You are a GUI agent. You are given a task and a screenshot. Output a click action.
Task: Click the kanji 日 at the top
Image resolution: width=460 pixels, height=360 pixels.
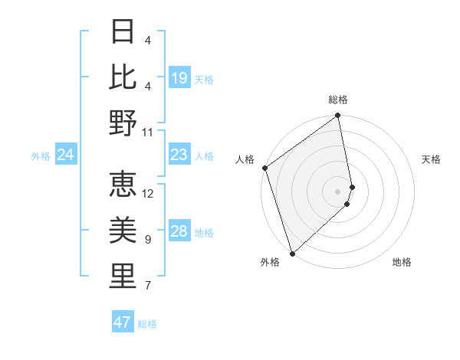[x=123, y=32]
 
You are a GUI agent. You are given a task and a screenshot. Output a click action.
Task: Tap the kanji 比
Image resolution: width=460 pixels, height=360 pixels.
[x=123, y=77]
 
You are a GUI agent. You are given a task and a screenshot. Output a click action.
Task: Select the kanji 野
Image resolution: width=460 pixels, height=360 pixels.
[x=123, y=122]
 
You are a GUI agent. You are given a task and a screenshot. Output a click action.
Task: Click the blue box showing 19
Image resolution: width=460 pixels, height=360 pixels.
[x=179, y=77]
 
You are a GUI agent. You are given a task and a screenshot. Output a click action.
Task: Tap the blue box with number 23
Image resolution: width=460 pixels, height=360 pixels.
[x=179, y=155]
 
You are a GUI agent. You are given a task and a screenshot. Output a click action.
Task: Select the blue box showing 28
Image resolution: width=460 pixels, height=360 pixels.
[x=179, y=232]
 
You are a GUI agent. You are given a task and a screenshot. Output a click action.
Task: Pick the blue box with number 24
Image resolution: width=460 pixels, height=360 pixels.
[x=66, y=155]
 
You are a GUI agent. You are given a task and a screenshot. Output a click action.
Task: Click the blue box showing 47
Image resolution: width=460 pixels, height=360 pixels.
[x=123, y=322]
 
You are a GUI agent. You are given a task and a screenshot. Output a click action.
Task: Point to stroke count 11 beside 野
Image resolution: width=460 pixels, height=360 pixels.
[x=148, y=132]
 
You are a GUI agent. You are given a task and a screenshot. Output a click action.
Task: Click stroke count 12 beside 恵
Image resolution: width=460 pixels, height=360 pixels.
[x=148, y=194]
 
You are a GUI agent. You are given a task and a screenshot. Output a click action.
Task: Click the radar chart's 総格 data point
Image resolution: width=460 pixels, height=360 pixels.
[x=337, y=116]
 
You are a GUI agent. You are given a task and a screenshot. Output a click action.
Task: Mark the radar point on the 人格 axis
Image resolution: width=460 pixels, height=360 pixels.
[x=264, y=168]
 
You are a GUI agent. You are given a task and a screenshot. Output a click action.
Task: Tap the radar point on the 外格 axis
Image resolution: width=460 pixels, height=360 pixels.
[x=292, y=253]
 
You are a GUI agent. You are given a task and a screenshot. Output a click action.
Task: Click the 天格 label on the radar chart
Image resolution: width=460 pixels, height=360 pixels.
[x=431, y=159]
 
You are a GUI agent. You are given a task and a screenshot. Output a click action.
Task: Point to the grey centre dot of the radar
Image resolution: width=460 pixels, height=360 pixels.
[x=337, y=191]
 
